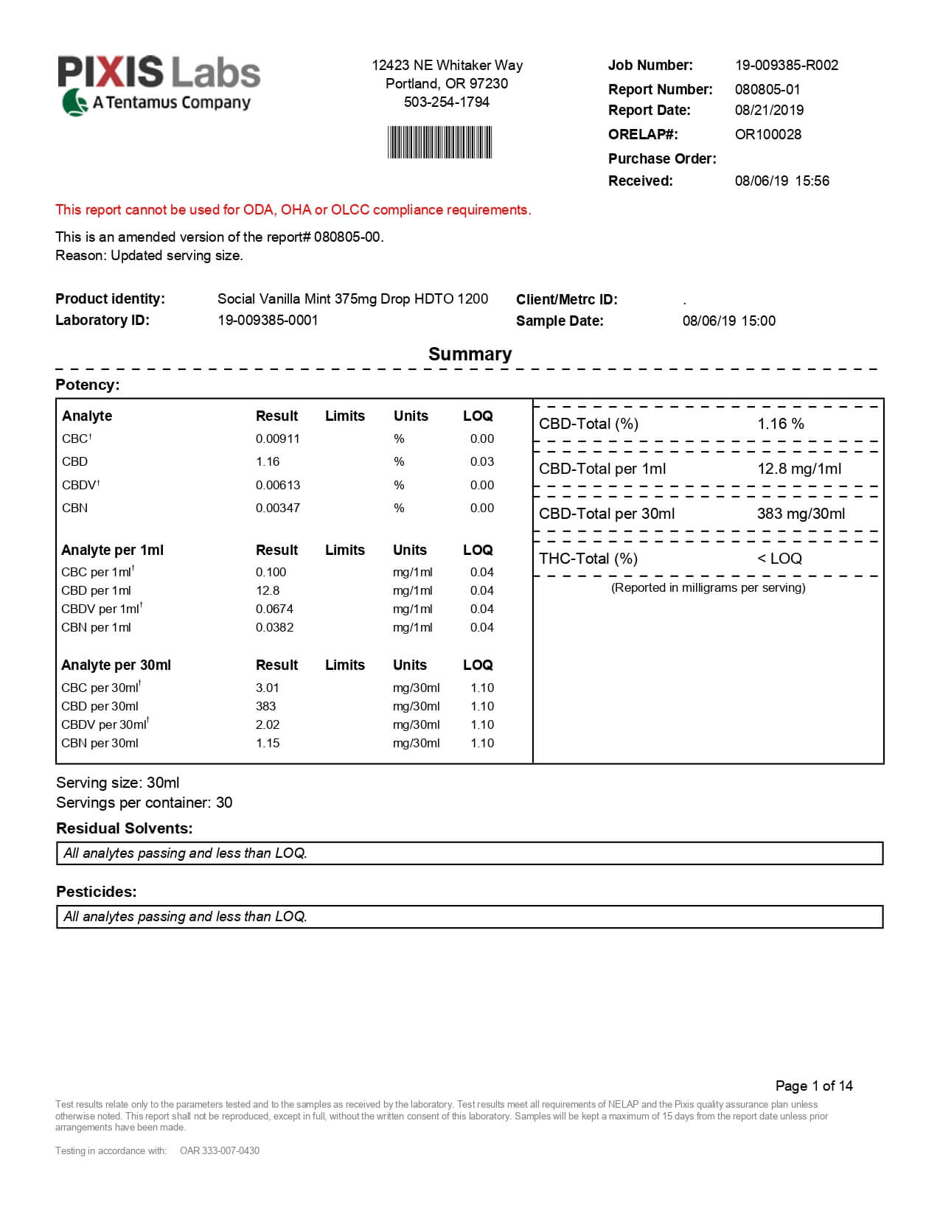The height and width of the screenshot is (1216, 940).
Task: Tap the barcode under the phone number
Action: [440, 142]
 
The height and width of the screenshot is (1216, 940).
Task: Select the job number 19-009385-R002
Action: [786, 65]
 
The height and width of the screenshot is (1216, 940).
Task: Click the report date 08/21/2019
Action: [769, 110]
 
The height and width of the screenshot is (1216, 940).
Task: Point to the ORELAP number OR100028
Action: [767, 134]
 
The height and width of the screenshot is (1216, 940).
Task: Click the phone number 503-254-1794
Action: [446, 102]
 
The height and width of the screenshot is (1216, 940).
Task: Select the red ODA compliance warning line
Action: [293, 209]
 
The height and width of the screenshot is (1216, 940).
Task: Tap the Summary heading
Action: [470, 354]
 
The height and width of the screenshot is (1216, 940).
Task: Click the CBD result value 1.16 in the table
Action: [268, 461]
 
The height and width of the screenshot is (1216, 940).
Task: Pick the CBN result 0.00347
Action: [277, 508]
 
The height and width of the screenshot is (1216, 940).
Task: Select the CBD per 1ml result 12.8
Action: [268, 590]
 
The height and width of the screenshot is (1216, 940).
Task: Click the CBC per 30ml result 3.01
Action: [268, 688]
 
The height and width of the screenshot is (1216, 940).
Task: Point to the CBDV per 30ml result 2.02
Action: [268, 724]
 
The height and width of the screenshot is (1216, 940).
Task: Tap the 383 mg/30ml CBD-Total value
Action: [801, 514]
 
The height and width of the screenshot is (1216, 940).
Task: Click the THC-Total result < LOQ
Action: [779, 559]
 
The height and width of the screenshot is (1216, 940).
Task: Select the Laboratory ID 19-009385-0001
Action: [268, 320]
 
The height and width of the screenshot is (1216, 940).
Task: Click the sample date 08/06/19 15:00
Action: [728, 321]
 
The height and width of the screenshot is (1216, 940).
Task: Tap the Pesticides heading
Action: [97, 892]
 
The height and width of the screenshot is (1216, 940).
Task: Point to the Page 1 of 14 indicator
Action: [814, 1086]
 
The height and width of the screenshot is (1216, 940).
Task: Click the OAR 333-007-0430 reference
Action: [220, 1150]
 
